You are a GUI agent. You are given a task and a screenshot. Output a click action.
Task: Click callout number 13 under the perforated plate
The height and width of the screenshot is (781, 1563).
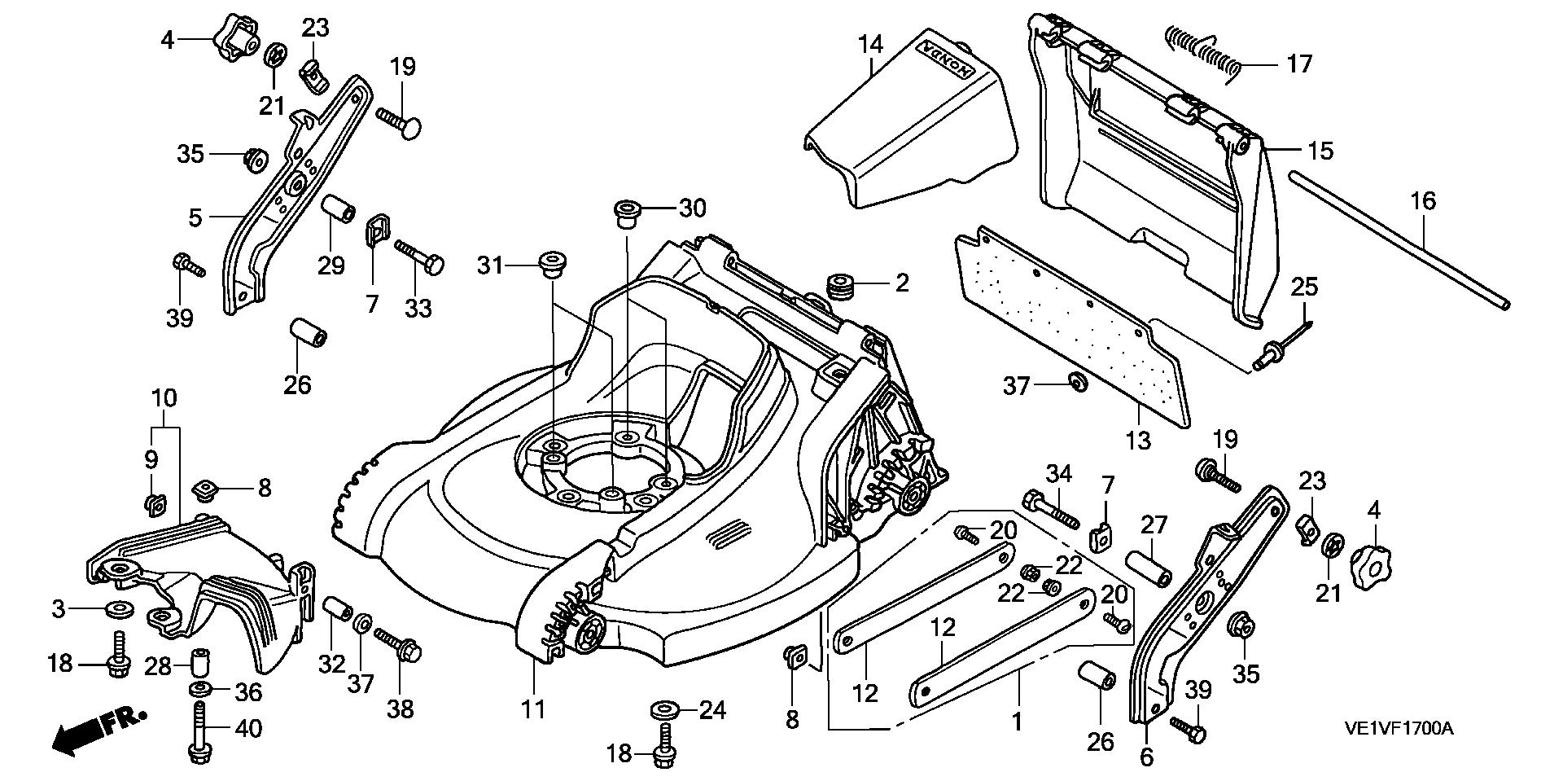coord(1137,441)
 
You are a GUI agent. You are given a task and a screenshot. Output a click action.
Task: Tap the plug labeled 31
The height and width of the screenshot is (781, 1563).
coord(552,265)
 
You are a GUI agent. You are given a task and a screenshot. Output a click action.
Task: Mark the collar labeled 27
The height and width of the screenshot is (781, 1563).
coord(1148,568)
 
